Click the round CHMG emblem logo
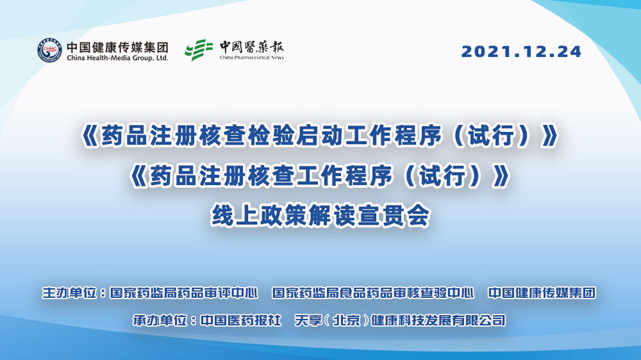(x=49, y=50)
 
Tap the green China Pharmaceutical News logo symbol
(x=199, y=50)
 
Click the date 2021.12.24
(x=521, y=51)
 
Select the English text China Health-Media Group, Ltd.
(x=117, y=58)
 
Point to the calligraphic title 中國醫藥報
(x=251, y=47)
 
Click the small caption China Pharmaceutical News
(x=251, y=58)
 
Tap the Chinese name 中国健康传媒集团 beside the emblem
(x=117, y=47)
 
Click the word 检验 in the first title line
(x=271, y=136)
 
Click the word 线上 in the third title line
(x=235, y=215)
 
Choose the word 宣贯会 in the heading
(x=394, y=215)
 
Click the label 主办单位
(x=69, y=293)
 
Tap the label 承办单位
(x=160, y=320)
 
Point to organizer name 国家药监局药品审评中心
(x=184, y=293)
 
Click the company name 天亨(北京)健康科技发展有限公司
(x=400, y=320)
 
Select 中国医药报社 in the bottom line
(x=241, y=320)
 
